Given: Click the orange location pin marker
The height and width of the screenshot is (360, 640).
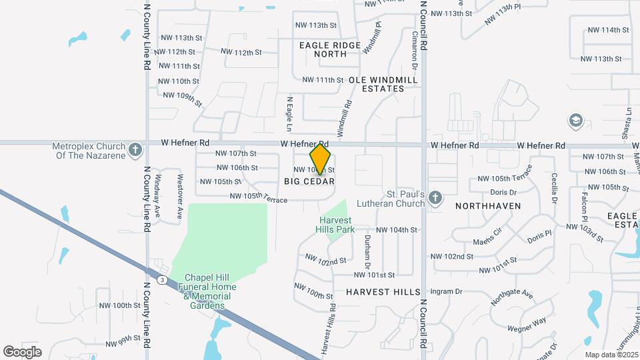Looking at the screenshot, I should click(x=320, y=159).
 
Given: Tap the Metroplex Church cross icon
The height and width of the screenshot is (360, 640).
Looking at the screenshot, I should click(x=135, y=149).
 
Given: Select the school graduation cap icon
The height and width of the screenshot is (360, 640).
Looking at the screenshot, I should click(x=575, y=121).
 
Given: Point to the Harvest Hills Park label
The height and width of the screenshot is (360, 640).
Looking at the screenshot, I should click(x=336, y=225).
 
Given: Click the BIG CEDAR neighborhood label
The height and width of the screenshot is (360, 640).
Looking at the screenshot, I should click(x=309, y=181).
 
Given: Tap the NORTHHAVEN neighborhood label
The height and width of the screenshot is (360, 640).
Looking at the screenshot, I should click(x=488, y=206).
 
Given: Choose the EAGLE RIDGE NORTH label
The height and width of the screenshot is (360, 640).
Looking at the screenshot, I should click(x=330, y=49).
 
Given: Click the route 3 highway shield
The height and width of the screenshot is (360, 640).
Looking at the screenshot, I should click(x=162, y=281).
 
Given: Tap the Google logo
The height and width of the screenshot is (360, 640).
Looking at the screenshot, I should click(x=22, y=351).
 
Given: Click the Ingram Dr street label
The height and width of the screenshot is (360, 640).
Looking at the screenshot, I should click(x=446, y=291).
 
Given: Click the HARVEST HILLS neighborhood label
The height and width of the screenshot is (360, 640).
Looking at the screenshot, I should click(x=383, y=292).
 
